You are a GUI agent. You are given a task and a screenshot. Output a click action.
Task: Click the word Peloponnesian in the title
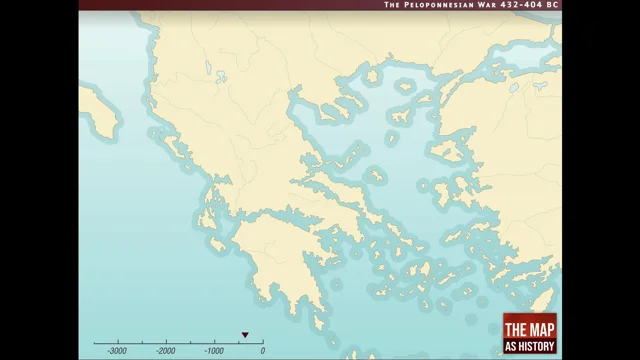(438, 5)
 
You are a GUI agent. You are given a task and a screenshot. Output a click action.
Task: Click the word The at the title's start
(393, 5)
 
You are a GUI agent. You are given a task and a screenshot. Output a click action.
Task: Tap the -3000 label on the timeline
(117, 351)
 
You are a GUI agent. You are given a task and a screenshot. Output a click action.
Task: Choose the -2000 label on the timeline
(165, 351)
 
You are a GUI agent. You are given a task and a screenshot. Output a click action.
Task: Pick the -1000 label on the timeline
(213, 351)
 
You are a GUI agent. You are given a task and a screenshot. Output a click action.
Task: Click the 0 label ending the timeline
(262, 351)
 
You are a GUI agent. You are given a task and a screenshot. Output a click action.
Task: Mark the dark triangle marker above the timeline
(244, 335)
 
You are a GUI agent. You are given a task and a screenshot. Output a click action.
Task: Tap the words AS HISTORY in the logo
(530, 346)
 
